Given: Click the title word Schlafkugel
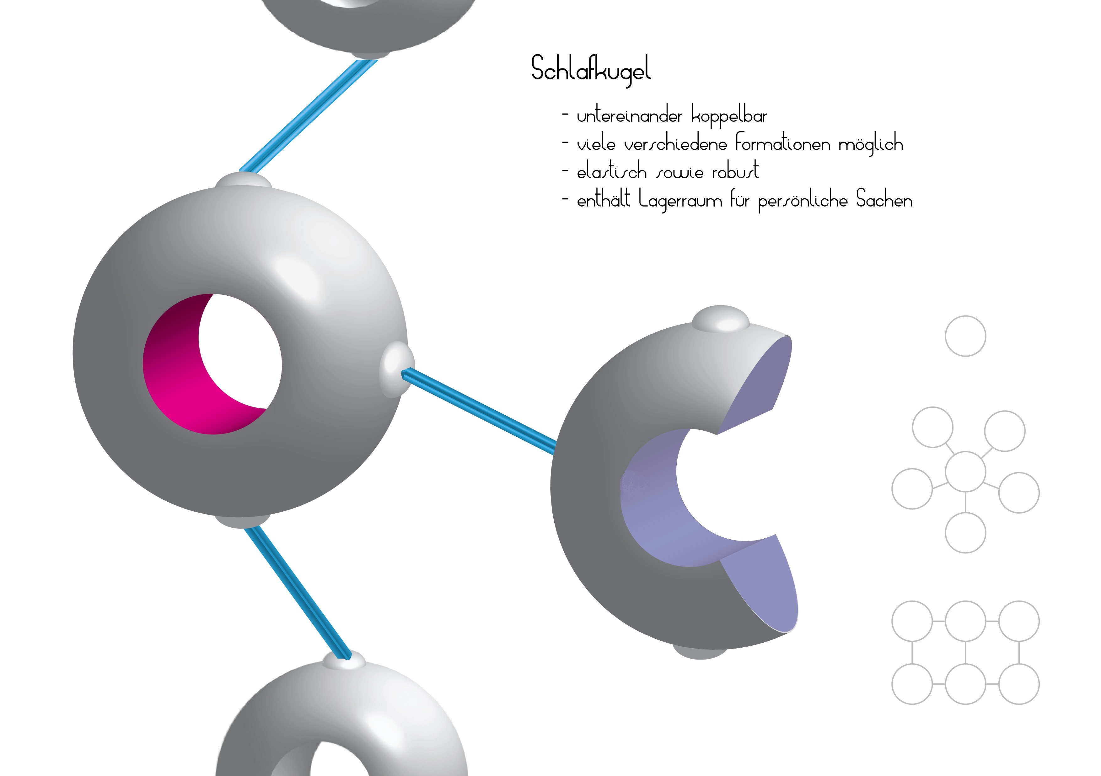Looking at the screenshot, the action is [x=591, y=70].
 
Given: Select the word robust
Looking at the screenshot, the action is [x=735, y=171].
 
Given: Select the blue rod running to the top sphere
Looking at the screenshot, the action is [x=308, y=115].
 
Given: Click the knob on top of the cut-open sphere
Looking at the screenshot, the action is [x=720, y=318].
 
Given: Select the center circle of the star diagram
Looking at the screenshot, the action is [x=965, y=472].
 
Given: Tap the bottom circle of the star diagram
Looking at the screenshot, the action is [x=965, y=533].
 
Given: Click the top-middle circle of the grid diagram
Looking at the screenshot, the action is [x=965, y=621].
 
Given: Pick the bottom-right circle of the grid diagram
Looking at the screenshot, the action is [x=1019, y=684].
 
